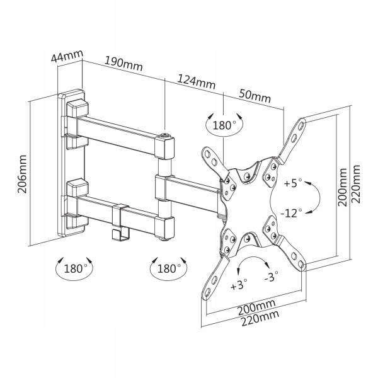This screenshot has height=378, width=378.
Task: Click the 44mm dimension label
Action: click(67, 56)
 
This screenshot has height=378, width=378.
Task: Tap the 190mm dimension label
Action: click(123, 64)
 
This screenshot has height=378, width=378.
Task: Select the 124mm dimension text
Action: click(196, 82)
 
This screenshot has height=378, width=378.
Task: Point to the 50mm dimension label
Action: click(255, 96)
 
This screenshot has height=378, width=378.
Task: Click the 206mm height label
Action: click(22, 174)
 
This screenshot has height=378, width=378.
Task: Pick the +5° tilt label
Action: click(293, 183)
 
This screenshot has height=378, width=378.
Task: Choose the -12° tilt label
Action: click(291, 213)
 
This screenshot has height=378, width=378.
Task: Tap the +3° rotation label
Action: click(239, 285)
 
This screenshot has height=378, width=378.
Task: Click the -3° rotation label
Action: click(271, 277)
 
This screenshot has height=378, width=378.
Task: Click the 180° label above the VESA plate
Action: click(224, 125)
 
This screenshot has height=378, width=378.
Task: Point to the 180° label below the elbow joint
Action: click(169, 268)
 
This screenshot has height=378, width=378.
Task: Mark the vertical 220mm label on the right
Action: click(356, 184)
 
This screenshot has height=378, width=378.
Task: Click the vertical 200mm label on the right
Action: click(342, 187)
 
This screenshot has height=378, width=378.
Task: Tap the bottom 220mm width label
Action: click(260, 318)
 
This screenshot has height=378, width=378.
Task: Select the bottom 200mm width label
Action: click(256, 307)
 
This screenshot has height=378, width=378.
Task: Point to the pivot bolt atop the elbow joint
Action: click(165, 135)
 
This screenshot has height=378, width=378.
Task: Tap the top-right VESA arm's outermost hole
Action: click(302, 125)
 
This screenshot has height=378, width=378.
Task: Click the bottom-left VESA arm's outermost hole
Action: click(207, 294)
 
